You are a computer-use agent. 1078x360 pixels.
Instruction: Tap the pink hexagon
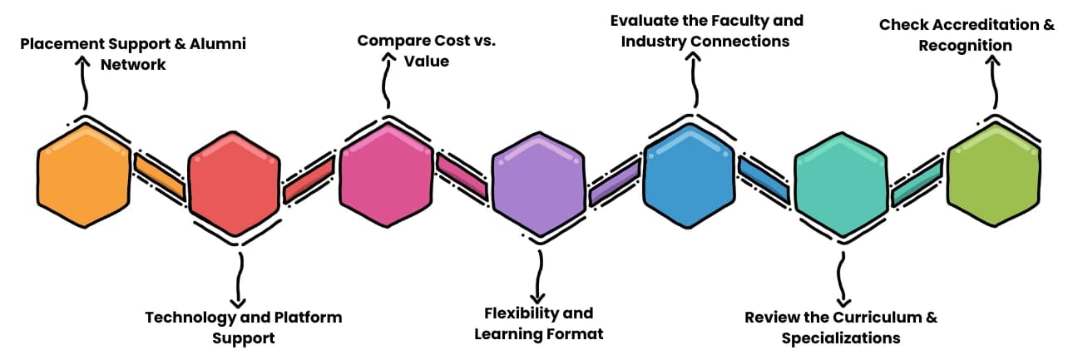pos(387,175)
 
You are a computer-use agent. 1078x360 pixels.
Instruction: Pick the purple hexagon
pos(538,184)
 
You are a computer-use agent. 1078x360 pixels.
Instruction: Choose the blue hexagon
pos(690,175)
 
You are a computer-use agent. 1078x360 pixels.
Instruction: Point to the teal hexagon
pos(841,184)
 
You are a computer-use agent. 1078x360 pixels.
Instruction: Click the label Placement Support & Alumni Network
pos(133,53)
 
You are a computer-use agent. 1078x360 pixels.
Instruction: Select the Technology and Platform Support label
pos(243,328)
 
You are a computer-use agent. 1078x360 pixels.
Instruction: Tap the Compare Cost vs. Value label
pos(427,51)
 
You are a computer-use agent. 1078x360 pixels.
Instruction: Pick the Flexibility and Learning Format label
pos(538,323)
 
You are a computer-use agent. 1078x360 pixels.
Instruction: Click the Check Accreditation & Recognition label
pos(967,35)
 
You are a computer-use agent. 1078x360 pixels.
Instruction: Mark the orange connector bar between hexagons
pos(159,176)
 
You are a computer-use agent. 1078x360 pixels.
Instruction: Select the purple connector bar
pos(614,182)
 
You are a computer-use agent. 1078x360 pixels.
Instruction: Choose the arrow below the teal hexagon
pos(842,279)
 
